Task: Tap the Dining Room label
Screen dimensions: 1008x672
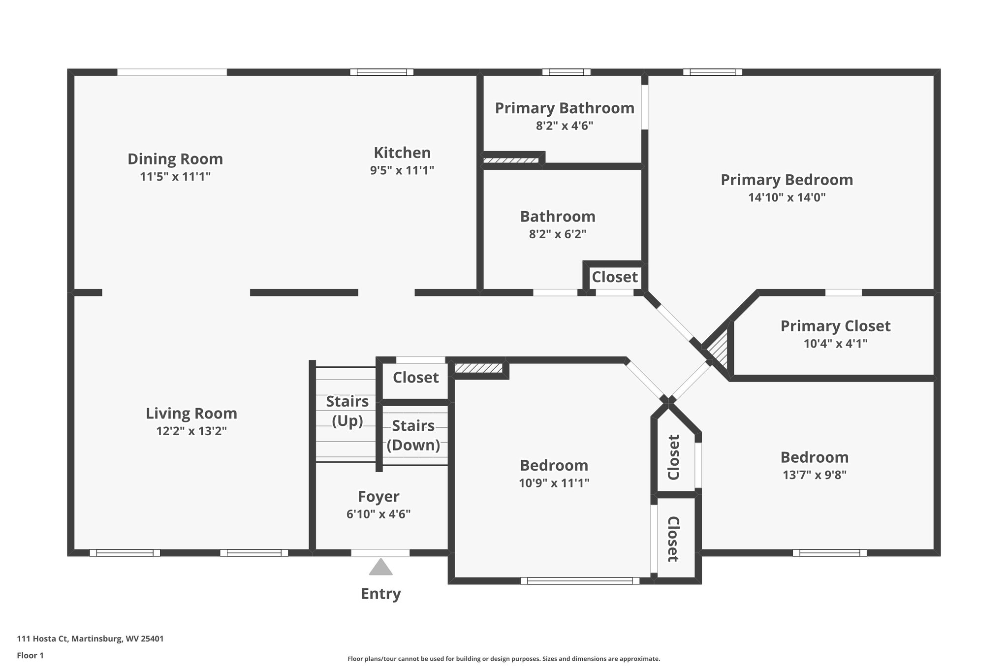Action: pos(175,159)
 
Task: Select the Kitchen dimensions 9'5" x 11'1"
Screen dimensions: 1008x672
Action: pos(402,170)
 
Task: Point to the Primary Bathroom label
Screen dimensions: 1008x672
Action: pos(565,108)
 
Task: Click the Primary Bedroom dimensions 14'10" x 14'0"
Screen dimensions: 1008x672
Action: pos(787,197)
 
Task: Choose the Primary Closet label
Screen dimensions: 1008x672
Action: pos(836,326)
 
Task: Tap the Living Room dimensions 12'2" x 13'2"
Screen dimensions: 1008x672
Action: pos(191,431)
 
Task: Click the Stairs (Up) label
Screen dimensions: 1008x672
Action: pos(347,411)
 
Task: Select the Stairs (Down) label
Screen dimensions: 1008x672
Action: pos(413,435)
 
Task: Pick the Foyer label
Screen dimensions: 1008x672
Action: pos(378,497)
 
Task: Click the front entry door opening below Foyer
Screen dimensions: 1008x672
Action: pos(380,552)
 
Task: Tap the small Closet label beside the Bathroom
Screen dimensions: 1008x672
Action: pos(615,277)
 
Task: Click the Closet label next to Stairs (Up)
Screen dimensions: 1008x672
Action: pos(415,378)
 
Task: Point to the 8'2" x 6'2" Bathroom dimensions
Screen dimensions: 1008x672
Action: pos(558,234)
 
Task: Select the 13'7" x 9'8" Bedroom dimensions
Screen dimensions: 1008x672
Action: pos(815,475)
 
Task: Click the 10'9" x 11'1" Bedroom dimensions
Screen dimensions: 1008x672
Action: pos(554,483)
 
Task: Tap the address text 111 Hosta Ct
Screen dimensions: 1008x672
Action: pos(43,639)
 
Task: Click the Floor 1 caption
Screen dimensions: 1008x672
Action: pos(31,656)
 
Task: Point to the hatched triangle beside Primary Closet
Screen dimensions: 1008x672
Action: pos(719,348)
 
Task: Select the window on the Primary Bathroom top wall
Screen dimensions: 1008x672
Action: pos(567,72)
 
